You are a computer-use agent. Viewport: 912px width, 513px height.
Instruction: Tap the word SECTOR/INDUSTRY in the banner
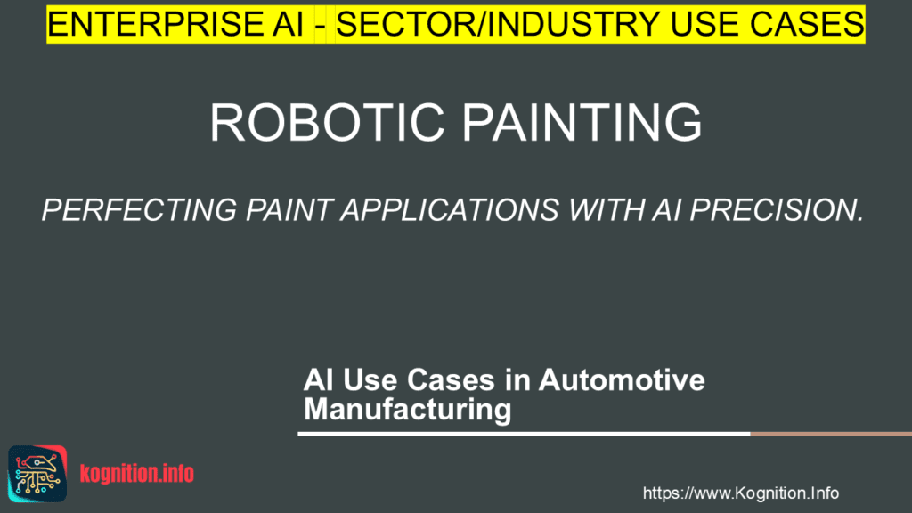[x=498, y=24]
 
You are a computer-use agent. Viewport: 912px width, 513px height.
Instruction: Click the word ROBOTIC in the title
[x=328, y=122]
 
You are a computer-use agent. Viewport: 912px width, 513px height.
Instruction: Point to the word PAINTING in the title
[x=582, y=122]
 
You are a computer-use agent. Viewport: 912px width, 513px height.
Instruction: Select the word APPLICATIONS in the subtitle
[x=450, y=210]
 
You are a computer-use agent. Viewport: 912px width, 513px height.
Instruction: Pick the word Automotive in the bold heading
[x=622, y=380]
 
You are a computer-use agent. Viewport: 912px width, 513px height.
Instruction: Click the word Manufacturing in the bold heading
[x=408, y=409]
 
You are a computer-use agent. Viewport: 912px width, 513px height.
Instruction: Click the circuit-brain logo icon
[x=37, y=474]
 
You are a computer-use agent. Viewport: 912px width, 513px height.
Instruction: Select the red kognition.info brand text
[x=136, y=474]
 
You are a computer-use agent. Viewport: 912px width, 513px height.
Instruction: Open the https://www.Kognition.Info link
[x=740, y=493]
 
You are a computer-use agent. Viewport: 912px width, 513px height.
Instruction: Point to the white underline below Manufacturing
[x=524, y=434]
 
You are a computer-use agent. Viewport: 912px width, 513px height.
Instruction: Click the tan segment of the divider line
[x=831, y=434]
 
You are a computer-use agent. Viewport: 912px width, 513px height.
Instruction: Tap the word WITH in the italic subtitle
[x=606, y=210]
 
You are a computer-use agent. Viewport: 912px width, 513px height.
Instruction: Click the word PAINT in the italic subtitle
[x=289, y=210]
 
